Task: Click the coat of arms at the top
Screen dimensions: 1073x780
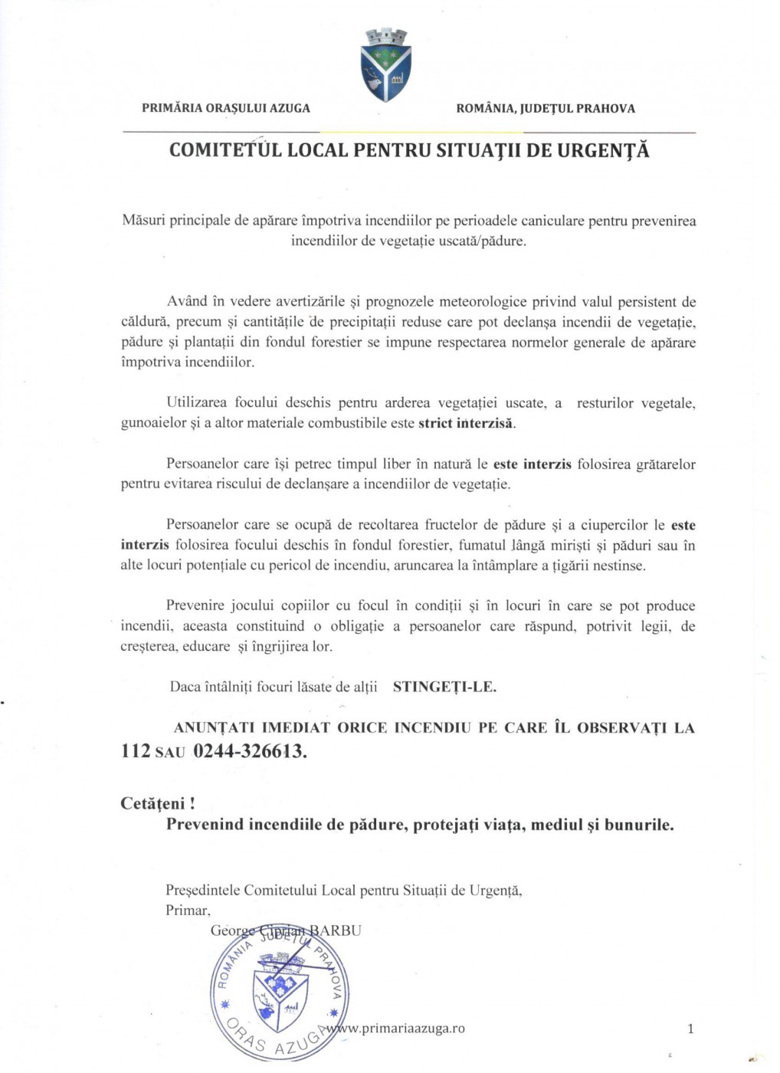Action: tap(385, 65)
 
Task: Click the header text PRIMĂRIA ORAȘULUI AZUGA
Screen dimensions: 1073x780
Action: tap(226, 108)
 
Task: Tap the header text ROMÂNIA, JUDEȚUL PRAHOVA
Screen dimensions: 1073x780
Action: tap(546, 108)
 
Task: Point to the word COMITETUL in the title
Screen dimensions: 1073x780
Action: tap(225, 150)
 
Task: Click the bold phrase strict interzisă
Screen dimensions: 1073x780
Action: tap(466, 423)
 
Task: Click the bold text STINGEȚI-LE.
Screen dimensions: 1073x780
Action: tap(444, 687)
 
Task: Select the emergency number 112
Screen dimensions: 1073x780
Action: tap(136, 750)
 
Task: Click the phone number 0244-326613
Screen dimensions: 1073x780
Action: tap(250, 750)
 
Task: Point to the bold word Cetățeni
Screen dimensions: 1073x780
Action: tap(153, 803)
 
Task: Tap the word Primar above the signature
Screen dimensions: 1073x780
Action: tap(186, 911)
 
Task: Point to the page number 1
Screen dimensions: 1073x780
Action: tap(690, 1029)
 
